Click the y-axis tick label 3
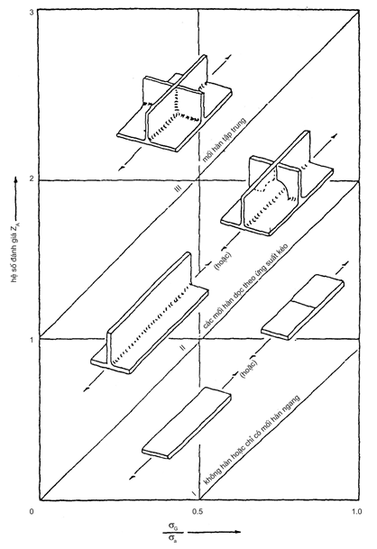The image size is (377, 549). pos(32,13)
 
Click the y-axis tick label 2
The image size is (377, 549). pos(32,179)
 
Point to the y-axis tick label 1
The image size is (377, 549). pos(32,339)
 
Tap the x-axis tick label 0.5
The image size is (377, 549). pos(198,511)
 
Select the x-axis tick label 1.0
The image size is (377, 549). pos(357,511)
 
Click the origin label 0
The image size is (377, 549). pos(32,511)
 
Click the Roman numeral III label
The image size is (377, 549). pos(179,188)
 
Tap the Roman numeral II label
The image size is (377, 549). pos(182,347)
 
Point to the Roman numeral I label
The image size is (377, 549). pos(194,494)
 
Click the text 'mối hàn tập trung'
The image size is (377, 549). pos(225,141)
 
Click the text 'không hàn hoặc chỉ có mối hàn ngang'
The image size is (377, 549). pos(252,440)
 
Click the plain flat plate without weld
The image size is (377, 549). pos(187,423)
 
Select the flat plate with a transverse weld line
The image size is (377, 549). pos(303,307)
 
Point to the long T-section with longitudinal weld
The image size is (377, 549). pos(150,313)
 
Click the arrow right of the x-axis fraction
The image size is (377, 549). pos(215,533)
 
